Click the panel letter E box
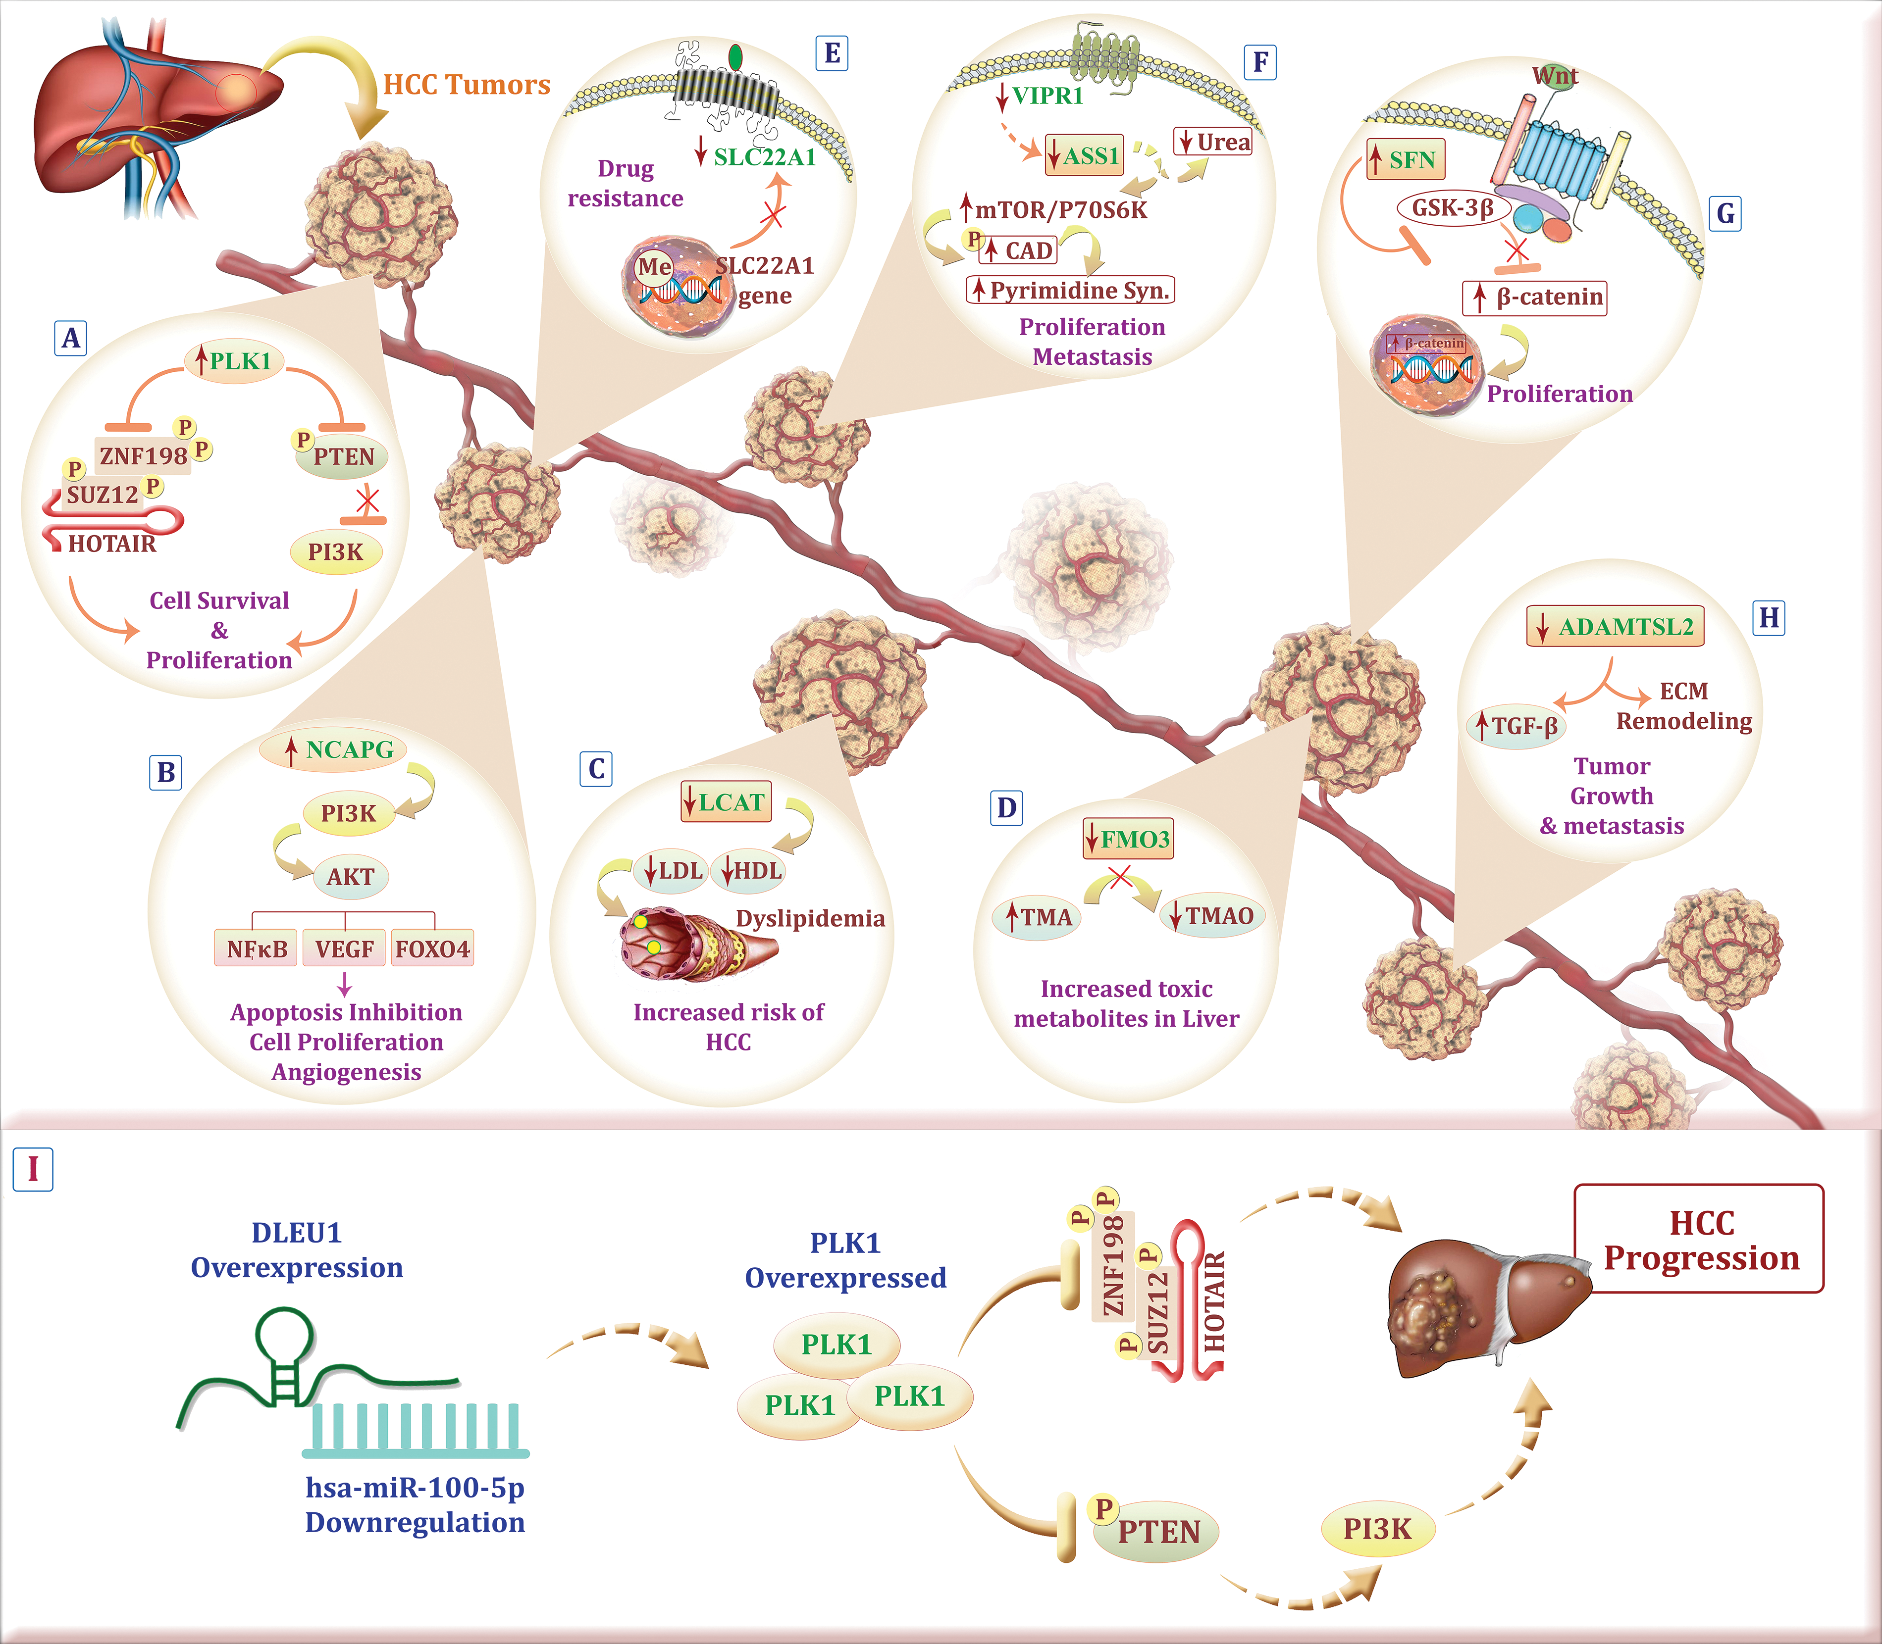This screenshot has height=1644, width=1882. [832, 52]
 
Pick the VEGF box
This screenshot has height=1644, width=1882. [344, 948]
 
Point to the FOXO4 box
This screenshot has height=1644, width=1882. [432, 948]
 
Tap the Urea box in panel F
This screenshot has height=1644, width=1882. [1213, 142]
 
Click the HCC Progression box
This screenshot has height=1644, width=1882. [1699, 1239]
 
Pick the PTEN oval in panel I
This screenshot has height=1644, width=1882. [1155, 1531]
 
